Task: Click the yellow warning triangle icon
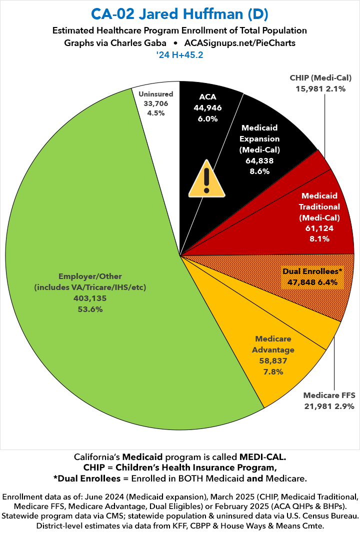pos(205,178)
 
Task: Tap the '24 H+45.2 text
pos(179,55)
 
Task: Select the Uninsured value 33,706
pos(156,103)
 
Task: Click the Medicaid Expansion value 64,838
pos(259,160)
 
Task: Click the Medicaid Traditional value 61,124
pos(319,228)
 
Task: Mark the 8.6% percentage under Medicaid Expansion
pos(259,171)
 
